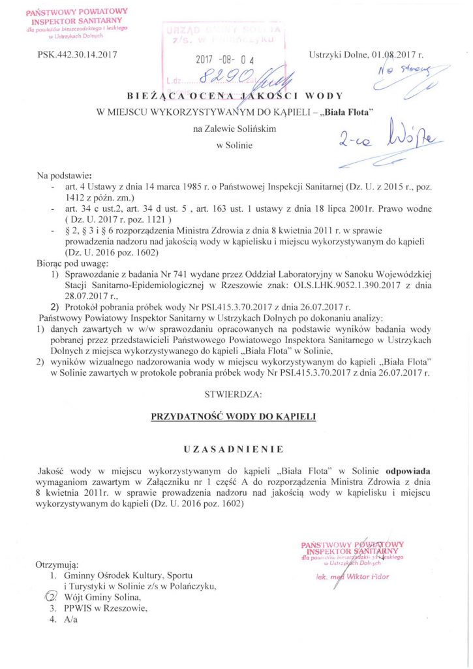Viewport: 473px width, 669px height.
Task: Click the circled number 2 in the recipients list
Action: pyautogui.click(x=53, y=596)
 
